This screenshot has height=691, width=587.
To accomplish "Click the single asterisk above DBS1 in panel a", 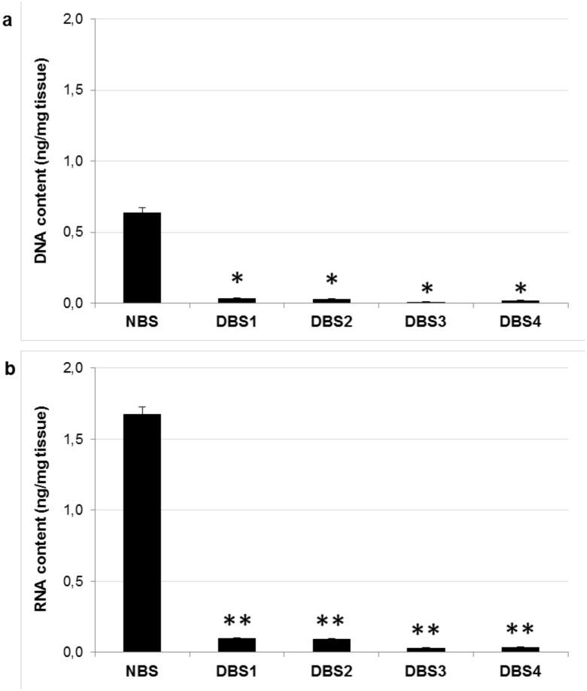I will [237, 279].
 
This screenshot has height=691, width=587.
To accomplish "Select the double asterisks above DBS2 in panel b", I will [331, 621].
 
